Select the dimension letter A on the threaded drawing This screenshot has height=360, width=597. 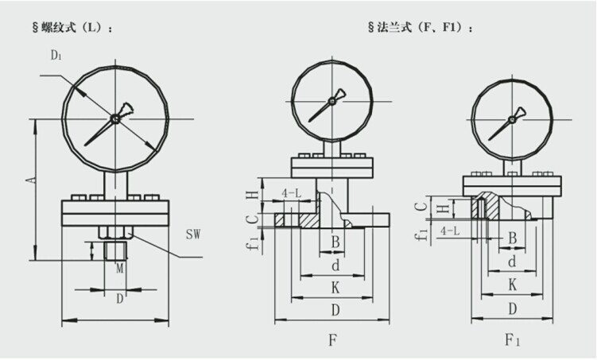[31, 181]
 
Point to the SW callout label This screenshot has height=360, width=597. [192, 234]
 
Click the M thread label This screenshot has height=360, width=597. [120, 271]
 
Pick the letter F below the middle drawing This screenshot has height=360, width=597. [334, 339]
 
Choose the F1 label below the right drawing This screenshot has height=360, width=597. [514, 339]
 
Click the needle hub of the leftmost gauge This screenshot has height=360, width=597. [115, 118]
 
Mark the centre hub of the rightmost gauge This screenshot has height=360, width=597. [512, 119]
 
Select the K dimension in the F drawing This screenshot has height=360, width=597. [335, 283]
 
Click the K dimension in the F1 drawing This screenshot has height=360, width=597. [513, 283]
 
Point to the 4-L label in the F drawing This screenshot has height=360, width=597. [292, 193]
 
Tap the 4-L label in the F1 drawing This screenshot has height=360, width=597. [448, 230]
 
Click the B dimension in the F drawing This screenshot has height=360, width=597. [335, 241]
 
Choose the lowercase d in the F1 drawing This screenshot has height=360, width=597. [513, 261]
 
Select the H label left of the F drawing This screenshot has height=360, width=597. [250, 195]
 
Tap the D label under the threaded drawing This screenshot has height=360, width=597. [120, 299]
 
